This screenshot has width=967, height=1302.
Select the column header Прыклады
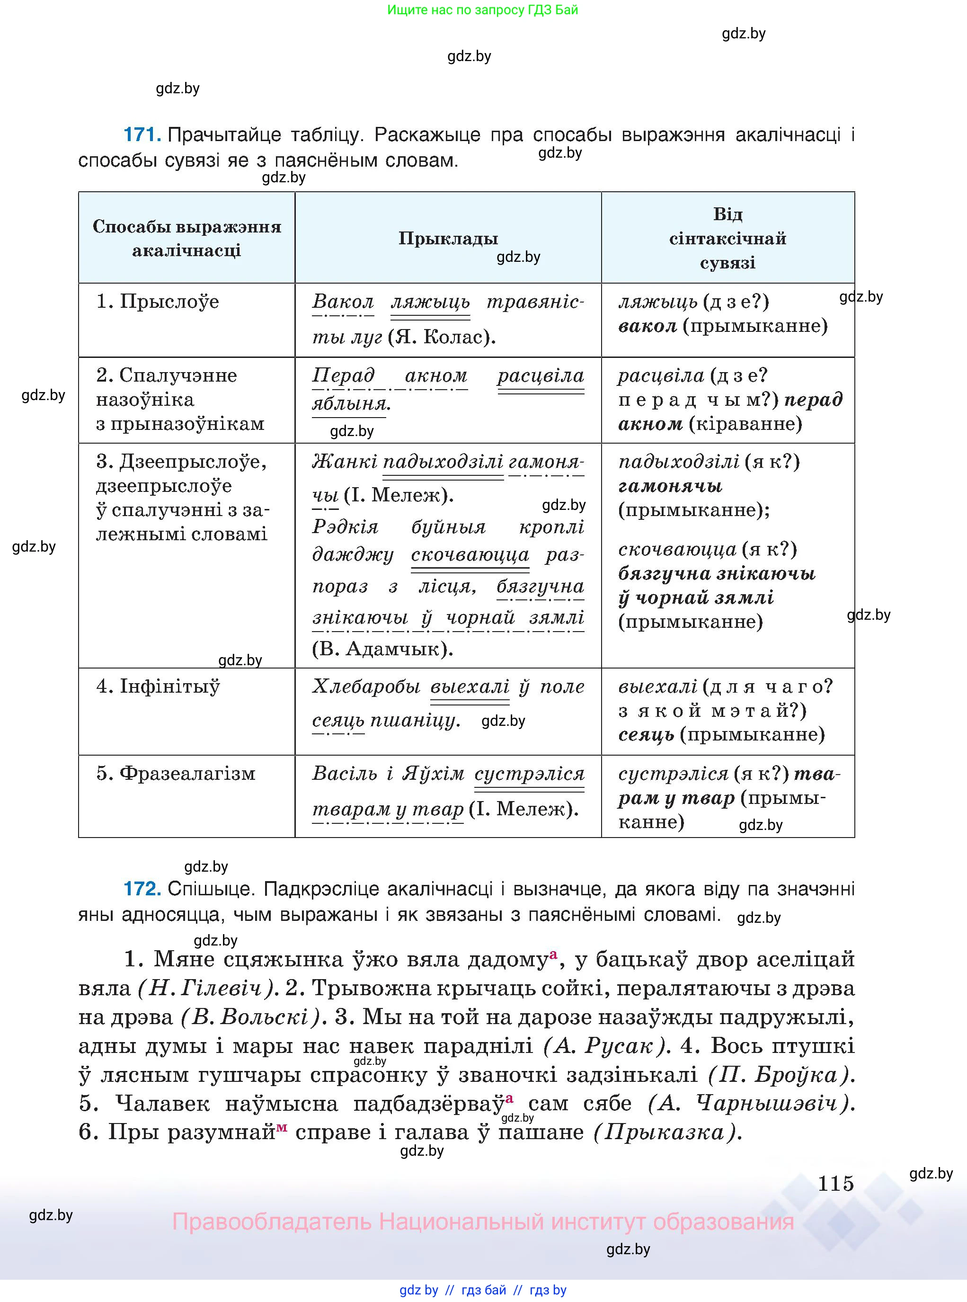pyautogui.click(x=448, y=238)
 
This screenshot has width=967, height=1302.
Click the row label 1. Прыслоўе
pyautogui.click(x=158, y=302)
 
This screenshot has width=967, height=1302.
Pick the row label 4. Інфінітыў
pyautogui.click(x=158, y=686)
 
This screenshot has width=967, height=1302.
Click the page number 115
pyautogui.click(x=835, y=1183)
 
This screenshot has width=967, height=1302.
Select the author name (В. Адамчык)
pyautogui.click(x=382, y=649)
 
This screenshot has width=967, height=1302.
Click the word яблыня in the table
pyautogui.click(x=351, y=403)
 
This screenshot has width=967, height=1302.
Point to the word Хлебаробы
pyautogui.click(x=366, y=686)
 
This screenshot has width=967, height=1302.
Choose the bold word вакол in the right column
pyautogui.click(x=648, y=326)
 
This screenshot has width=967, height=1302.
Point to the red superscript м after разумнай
pyautogui.click(x=282, y=1127)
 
